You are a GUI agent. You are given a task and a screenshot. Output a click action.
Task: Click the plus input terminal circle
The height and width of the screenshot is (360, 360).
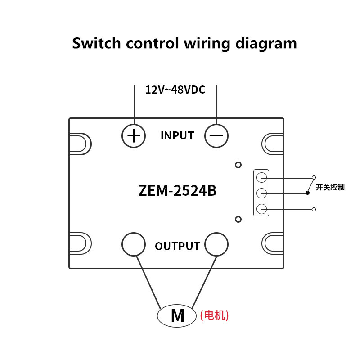point(134,135)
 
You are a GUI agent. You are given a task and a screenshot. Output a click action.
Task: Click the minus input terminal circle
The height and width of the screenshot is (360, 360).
point(216,135)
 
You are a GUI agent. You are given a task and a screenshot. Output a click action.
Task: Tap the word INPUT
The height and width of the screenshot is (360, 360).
point(177,135)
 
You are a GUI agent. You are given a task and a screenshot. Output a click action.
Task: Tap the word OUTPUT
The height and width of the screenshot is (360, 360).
point(177,246)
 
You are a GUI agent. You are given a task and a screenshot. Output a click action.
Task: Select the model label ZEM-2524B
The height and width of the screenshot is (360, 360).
point(178,191)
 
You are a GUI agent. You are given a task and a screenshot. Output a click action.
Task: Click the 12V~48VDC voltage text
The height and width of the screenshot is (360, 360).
point(175,90)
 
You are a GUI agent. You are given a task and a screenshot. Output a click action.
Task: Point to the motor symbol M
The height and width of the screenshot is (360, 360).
point(177,315)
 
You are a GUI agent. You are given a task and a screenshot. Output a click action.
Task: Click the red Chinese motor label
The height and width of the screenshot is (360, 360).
point(214,315)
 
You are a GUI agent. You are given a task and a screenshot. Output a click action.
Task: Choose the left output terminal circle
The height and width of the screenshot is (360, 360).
point(134,244)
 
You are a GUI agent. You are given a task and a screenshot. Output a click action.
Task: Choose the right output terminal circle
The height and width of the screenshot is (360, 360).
point(216,244)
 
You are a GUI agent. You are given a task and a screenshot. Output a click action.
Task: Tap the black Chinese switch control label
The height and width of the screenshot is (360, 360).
point(330,187)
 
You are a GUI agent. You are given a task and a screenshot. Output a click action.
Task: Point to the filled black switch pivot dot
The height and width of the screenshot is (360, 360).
point(307,193)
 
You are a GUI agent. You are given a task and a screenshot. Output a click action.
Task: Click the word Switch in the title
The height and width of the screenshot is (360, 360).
point(96,43)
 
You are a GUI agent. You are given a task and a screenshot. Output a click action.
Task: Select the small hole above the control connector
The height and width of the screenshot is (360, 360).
point(238,165)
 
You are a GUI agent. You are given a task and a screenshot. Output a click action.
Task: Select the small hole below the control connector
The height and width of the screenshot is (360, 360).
point(238,219)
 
